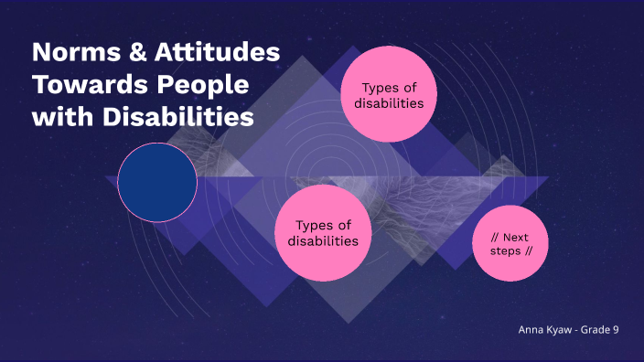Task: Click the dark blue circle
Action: click(158, 182)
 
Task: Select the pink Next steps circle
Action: click(510, 243)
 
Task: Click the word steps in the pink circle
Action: click(499, 250)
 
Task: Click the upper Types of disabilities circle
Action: click(388, 96)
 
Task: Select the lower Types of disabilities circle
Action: click(323, 233)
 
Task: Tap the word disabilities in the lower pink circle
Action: click(323, 241)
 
